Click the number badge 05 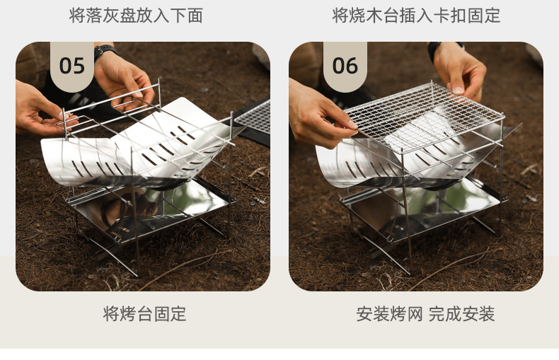click(x=71, y=66)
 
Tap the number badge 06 click(x=345, y=66)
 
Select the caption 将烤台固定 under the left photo click(x=145, y=314)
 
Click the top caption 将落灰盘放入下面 click(x=136, y=16)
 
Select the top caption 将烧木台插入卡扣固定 click(x=416, y=16)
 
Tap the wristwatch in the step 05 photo click(x=105, y=51)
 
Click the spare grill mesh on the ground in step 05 click(x=253, y=117)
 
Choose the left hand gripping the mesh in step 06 click(x=318, y=113)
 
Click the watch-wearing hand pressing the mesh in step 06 click(x=460, y=71)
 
